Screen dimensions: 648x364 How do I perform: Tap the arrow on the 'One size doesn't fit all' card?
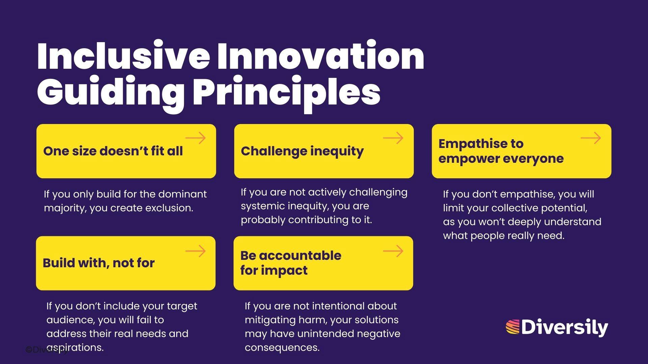tap(195, 138)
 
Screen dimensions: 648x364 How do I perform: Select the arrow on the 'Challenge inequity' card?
tap(393, 138)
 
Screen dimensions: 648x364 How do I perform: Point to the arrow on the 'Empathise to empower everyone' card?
tap(591, 138)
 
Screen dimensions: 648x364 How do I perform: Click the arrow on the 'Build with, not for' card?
tap(195, 251)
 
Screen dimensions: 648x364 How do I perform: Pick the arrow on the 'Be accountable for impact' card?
tap(393, 251)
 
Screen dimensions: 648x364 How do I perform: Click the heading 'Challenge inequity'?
tap(302, 151)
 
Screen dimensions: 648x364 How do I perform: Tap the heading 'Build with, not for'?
tap(99, 263)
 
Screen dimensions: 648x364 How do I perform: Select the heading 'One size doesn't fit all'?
tap(113, 151)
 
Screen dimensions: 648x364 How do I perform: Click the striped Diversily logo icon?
tap(512, 327)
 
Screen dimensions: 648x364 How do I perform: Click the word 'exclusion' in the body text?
tap(169, 208)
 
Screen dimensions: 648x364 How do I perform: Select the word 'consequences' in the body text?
tap(282, 347)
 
